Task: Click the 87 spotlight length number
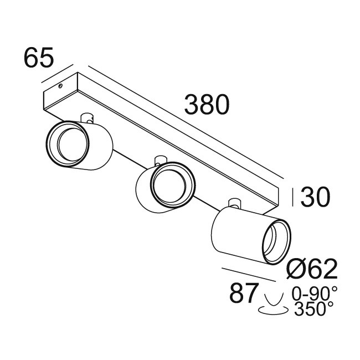244,294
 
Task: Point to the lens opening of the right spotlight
275,239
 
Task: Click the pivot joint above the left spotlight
87,117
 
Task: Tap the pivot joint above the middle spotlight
160,160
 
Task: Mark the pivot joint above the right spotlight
233,203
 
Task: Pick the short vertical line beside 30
294,197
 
